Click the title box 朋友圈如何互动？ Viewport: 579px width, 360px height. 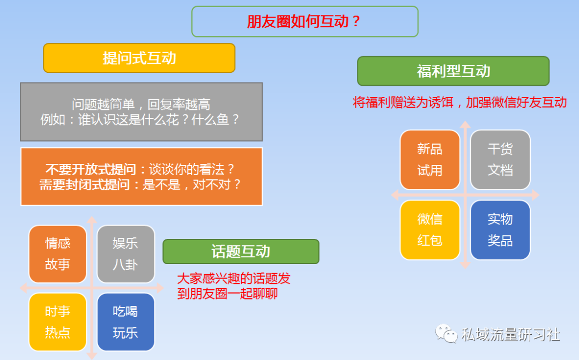[305, 21]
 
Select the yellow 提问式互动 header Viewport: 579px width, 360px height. [139, 58]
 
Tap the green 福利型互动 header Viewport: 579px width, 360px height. [453, 71]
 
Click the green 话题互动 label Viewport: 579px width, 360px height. [241, 252]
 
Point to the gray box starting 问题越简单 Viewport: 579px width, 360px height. [141, 112]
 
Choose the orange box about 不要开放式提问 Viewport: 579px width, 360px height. [142, 177]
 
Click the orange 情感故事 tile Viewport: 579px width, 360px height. [57, 254]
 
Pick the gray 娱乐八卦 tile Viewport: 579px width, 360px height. [125, 254]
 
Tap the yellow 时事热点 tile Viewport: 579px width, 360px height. [57, 322]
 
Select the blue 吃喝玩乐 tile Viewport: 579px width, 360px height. [125, 322]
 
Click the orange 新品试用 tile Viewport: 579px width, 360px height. [430, 160]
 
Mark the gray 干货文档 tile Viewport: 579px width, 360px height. [500, 160]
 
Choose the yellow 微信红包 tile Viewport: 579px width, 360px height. [430, 230]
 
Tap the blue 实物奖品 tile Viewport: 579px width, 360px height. [500, 230]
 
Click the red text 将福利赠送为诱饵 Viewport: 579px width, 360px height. [403, 102]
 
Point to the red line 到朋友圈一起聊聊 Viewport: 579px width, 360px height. [227, 294]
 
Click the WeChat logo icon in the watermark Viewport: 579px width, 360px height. [446, 334]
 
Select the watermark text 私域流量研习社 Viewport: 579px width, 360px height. [511, 334]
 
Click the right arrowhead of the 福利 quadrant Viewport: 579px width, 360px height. [536, 195]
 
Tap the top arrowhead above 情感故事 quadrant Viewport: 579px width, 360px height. [92, 220]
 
